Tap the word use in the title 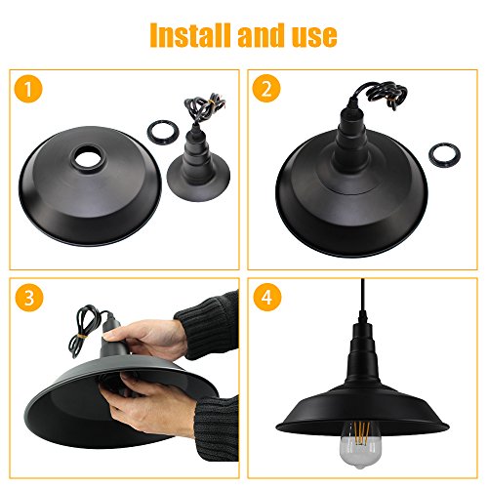coord(314,37)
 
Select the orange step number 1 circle coord(28,89)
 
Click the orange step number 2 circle coord(266,89)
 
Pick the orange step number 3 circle coord(29,298)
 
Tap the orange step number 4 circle coord(267,297)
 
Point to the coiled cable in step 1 coord(203,105)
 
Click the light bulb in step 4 coord(358,444)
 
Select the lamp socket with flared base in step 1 coord(198,164)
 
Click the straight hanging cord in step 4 coord(363,295)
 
